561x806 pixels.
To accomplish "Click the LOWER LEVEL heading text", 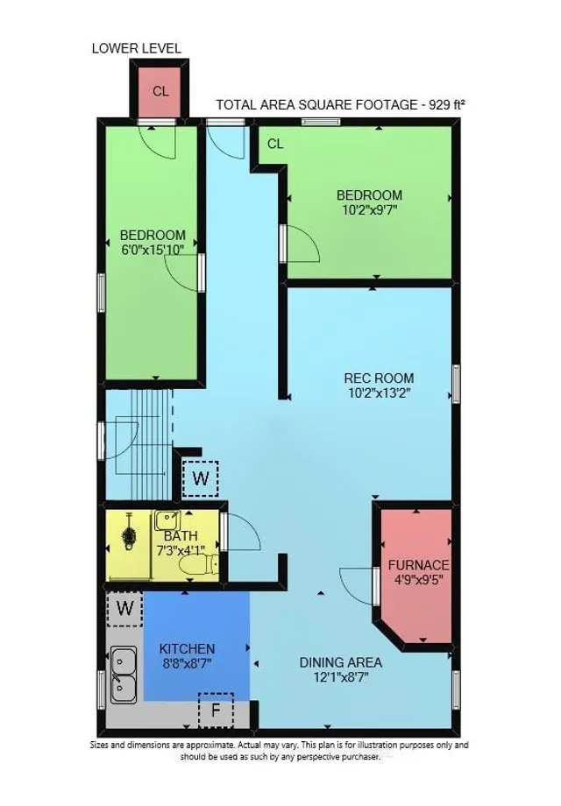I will click(137, 48).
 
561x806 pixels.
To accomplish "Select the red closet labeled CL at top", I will click(160, 91).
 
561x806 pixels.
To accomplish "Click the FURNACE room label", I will click(419, 565).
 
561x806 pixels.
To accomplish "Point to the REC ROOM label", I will click(379, 378).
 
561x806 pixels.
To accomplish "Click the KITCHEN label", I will click(187, 648).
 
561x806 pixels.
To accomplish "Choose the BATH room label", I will click(181, 536).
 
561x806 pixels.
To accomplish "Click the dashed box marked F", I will click(216, 710).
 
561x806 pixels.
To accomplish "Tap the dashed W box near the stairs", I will click(201, 478).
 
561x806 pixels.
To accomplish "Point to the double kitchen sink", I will click(123, 675).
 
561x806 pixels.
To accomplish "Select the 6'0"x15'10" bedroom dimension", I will click(153, 250).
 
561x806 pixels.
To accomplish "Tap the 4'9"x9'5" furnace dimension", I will click(419, 580).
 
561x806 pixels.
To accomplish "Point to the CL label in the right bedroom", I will click(275, 145).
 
